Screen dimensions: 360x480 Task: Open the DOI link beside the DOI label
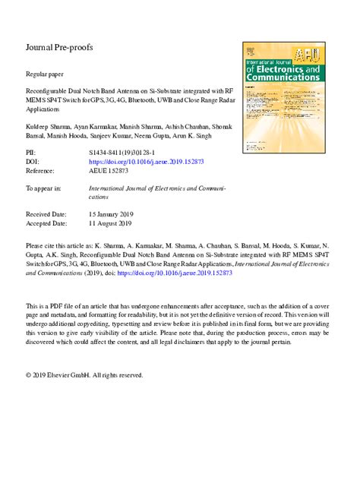(x=147, y=163)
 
